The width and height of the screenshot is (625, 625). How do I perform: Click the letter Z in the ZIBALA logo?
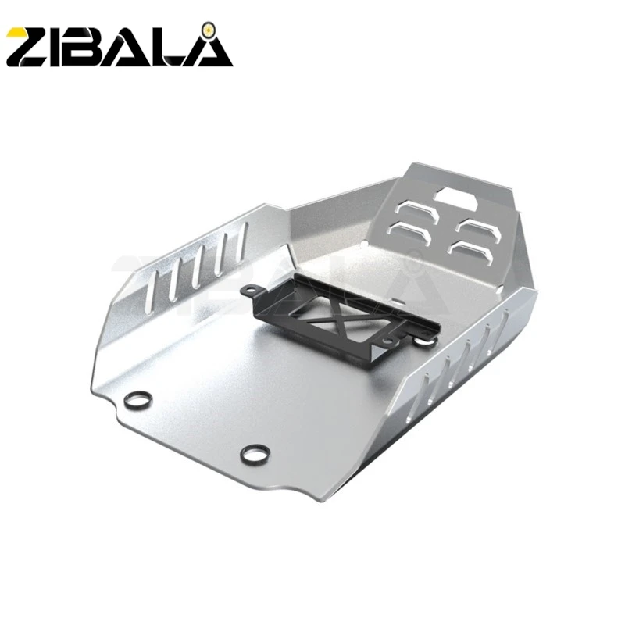click(30, 46)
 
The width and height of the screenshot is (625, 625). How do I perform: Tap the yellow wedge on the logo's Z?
click(17, 37)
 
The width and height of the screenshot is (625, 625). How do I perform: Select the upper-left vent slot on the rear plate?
click(414, 209)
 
